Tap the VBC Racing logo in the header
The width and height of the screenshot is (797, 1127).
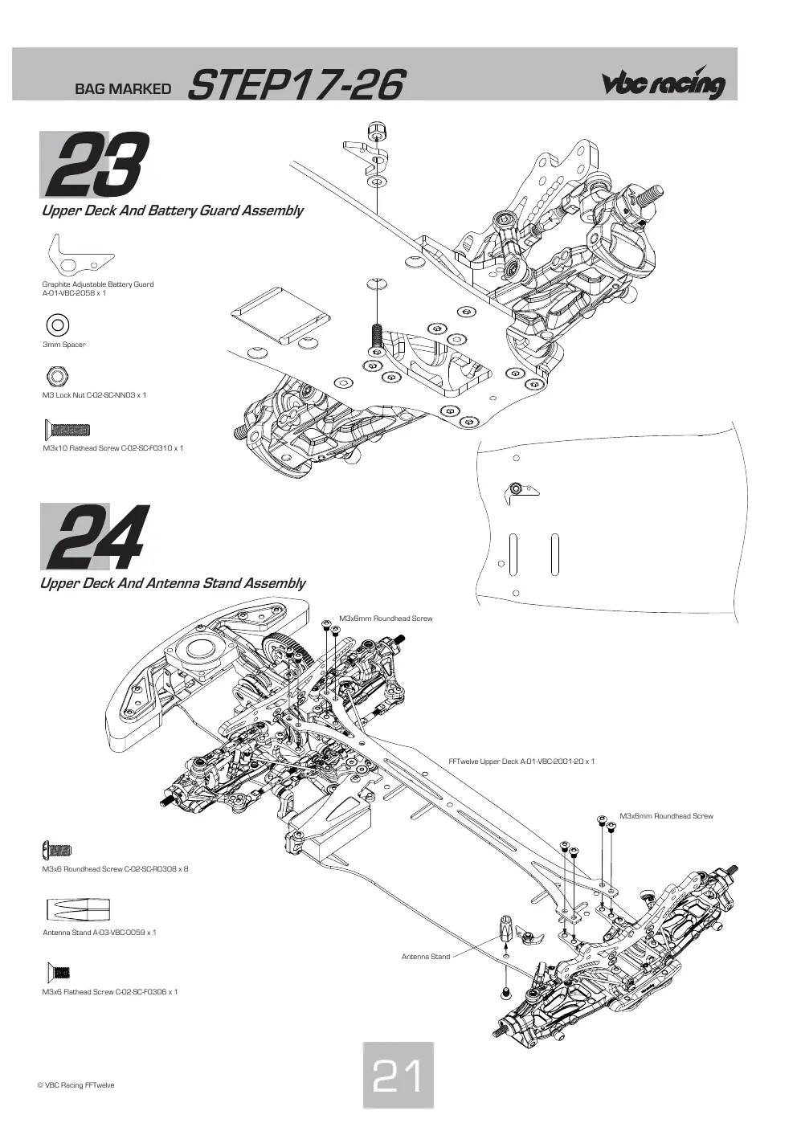click(x=664, y=83)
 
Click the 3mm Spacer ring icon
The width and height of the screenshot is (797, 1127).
click(x=57, y=325)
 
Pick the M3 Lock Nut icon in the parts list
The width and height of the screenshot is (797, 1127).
click(x=57, y=376)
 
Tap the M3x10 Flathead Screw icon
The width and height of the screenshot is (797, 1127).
click(x=67, y=429)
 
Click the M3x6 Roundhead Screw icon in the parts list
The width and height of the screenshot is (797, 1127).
click(x=57, y=851)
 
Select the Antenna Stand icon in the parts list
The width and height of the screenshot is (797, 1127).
click(x=78, y=909)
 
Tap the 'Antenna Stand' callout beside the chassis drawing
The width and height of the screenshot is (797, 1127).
click(x=426, y=957)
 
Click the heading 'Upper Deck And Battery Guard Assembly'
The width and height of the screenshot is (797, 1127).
click(x=172, y=210)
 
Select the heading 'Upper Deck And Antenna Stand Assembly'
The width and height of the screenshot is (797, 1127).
click(x=173, y=584)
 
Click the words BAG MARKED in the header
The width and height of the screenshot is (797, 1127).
click(x=123, y=89)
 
